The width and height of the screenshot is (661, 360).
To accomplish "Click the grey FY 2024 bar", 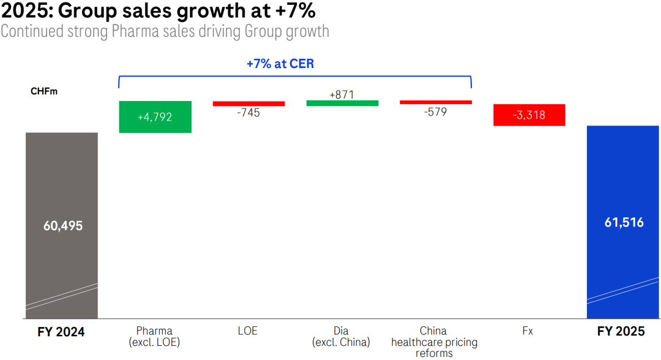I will (62, 184).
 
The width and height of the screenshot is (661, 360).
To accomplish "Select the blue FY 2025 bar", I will (622, 184).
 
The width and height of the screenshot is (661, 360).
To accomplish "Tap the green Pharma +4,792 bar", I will (155, 116).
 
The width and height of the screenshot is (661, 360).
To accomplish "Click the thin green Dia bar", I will (342, 103).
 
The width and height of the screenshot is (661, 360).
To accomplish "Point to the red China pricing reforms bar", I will (436, 102).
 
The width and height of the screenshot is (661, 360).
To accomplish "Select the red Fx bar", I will (529, 114).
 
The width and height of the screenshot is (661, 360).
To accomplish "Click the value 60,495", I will (62, 225).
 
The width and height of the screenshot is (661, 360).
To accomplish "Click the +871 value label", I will (342, 94).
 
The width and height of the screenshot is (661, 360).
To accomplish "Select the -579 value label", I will (436, 111).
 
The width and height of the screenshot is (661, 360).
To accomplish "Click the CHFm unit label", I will (43, 92).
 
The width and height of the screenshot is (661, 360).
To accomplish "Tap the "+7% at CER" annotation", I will (280, 64).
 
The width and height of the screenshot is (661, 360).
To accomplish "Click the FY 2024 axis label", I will (61, 332).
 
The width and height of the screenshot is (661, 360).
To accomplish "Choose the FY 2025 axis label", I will (621, 332).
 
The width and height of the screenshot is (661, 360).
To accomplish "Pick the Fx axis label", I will (528, 331).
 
